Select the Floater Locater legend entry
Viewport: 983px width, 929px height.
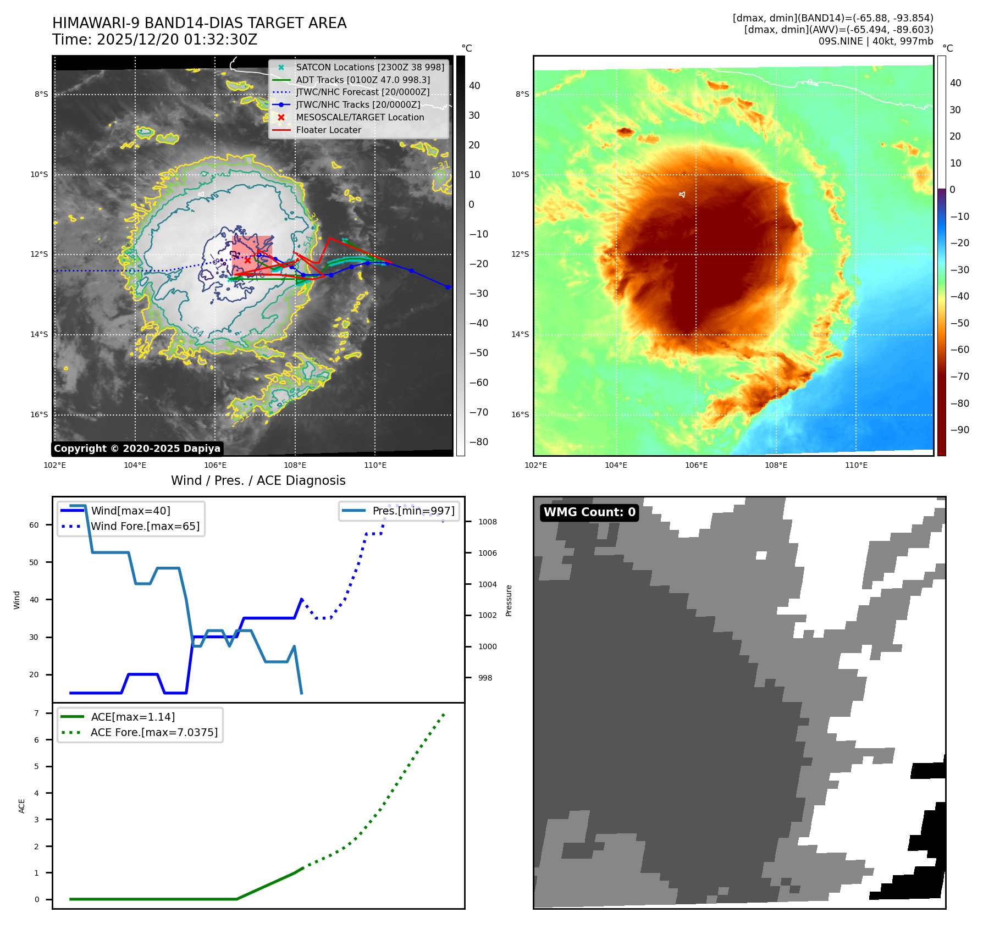coord(328,130)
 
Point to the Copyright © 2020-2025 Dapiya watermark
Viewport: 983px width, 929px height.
coord(137,449)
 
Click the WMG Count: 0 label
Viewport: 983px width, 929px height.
coord(589,512)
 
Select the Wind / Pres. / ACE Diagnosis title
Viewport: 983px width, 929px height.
coord(258,480)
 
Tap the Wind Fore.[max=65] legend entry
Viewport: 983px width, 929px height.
coord(145,526)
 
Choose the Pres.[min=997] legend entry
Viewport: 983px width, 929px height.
coord(413,511)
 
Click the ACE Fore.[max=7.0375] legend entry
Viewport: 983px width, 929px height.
coord(154,732)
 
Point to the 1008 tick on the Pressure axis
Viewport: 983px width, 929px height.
coord(487,522)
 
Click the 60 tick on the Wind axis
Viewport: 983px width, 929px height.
coord(34,525)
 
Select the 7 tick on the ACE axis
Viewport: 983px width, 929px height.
coord(36,713)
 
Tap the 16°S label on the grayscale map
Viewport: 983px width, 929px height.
coord(39,414)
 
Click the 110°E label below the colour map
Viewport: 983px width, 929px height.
coord(856,465)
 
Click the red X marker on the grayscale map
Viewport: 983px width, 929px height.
coord(248,260)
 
